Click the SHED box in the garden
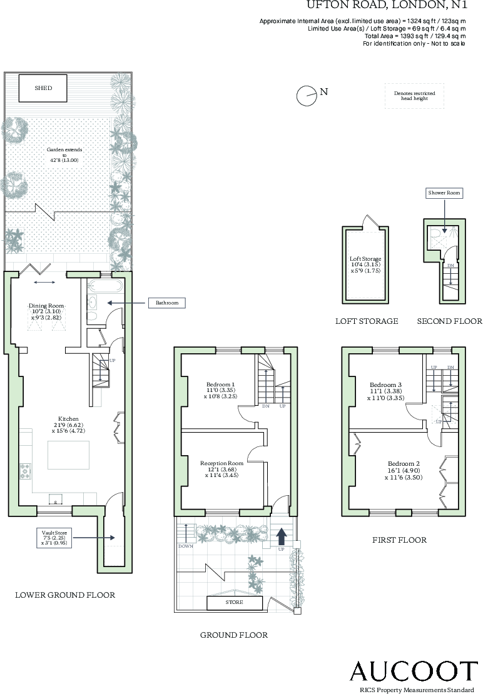click(x=43, y=88)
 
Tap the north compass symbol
click(x=306, y=95)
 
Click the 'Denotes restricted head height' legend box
click(x=414, y=96)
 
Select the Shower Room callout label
click(x=444, y=193)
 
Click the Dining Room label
click(x=48, y=310)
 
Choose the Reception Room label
click(x=221, y=469)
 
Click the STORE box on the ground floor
click(x=235, y=603)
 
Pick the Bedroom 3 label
click(x=386, y=391)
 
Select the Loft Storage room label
click(x=365, y=265)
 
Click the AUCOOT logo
click(x=413, y=671)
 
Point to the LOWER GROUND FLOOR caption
click(x=65, y=595)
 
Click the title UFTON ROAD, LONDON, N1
click(x=387, y=6)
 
